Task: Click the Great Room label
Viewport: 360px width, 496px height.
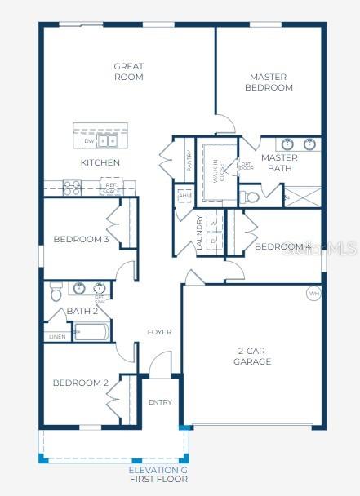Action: coord(129,72)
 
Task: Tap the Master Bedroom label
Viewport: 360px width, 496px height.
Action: coord(270,82)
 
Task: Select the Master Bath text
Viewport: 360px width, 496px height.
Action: coord(279,163)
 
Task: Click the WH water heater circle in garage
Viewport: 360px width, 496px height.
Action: coord(313,293)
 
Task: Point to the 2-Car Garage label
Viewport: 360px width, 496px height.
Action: coord(252,356)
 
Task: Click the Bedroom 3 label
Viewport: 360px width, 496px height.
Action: coord(81,239)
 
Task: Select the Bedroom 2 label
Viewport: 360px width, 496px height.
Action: coord(81,383)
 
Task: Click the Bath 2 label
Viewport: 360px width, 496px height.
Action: coord(82,311)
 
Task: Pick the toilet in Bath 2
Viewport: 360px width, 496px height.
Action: coord(56,290)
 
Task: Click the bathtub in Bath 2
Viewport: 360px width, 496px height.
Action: coord(91,333)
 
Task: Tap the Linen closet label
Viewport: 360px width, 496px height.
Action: coord(57,336)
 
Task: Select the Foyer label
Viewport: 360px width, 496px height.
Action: coord(159,332)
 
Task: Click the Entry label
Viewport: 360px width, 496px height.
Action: coord(160,402)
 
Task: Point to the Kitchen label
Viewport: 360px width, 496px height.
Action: coord(100,162)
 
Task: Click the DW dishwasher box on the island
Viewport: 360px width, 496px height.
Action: coord(88,141)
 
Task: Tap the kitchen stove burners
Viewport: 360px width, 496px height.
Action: coord(72,187)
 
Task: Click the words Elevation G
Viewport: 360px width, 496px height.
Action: coord(158,471)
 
